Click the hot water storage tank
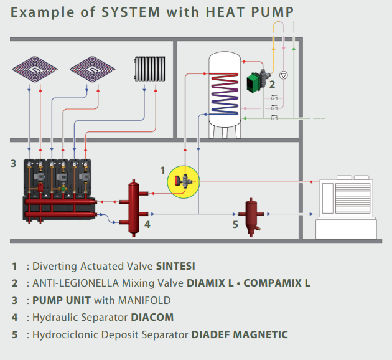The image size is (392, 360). [226, 93]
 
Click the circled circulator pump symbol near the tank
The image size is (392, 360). [284, 75]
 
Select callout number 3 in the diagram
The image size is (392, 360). [13, 164]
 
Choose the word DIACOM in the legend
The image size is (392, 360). [152, 317]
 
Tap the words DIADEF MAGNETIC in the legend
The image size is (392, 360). [240, 334]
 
